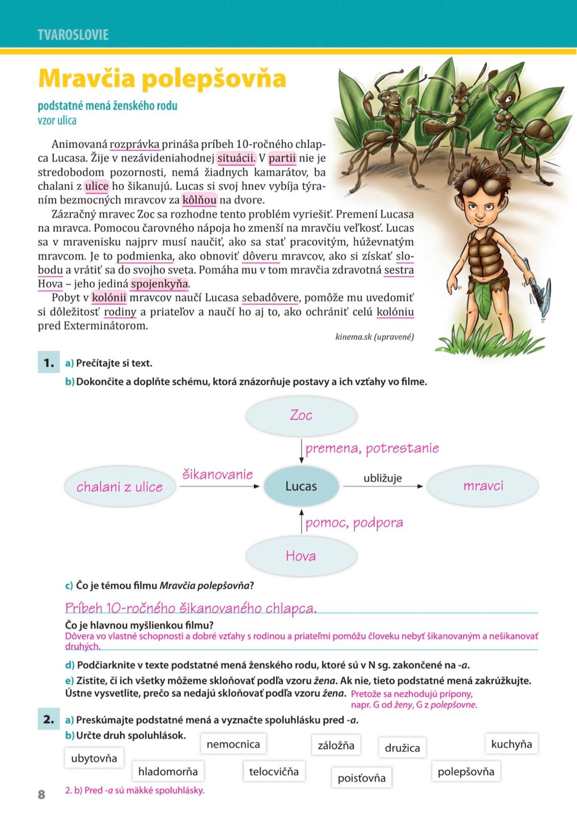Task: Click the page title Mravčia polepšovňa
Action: [x=162, y=78]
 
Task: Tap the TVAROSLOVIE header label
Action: [x=73, y=35]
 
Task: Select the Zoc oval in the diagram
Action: [x=301, y=416]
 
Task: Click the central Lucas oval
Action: [x=301, y=486]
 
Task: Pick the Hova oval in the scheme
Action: [x=301, y=556]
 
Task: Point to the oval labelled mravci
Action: [x=482, y=486]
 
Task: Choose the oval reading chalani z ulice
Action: [x=120, y=487]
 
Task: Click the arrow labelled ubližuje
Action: [x=383, y=487]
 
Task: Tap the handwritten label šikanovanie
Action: [x=218, y=475]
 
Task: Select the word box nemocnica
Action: [x=233, y=744]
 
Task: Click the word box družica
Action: [x=402, y=748]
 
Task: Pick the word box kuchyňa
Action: [x=511, y=744]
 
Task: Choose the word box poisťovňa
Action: [x=361, y=778]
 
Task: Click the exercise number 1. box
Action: [x=49, y=363]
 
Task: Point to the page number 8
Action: [x=41, y=795]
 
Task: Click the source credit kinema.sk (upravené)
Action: [x=375, y=337]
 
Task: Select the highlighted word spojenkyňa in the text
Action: [x=159, y=284]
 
